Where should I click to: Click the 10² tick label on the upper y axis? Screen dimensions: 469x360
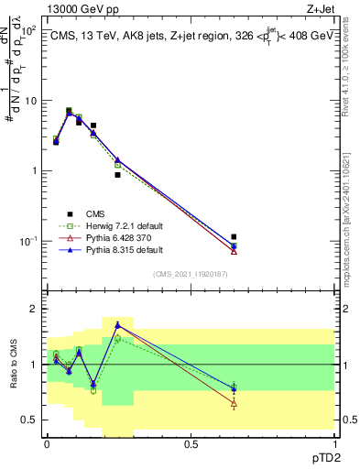click(x=28, y=30)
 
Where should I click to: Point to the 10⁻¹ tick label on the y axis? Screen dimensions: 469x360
click(x=28, y=241)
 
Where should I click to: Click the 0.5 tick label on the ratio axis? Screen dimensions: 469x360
click(x=31, y=420)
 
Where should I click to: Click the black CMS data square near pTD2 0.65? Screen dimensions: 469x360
click(x=234, y=236)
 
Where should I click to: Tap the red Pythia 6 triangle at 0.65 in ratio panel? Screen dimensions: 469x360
click(x=234, y=403)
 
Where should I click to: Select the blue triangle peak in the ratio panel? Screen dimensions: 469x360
click(x=117, y=324)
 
